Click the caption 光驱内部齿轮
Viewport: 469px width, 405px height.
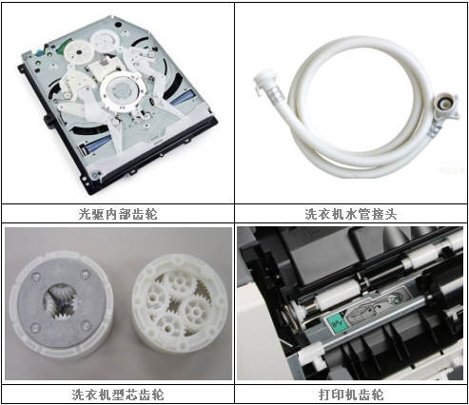tap(118, 214)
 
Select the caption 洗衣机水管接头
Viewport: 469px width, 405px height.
tap(352, 214)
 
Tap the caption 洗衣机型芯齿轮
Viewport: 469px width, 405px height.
tap(118, 393)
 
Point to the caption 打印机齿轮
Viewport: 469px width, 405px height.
tap(352, 393)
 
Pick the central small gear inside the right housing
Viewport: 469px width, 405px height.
tap(179, 306)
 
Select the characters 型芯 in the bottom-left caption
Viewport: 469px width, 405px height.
tap(118, 393)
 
